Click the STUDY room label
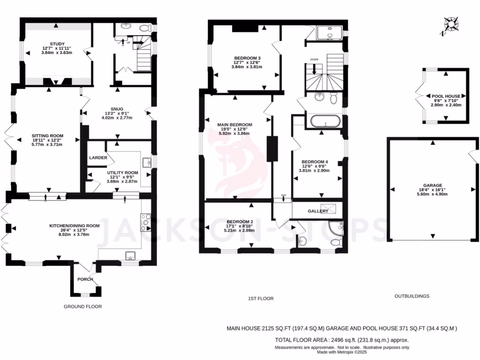[57, 44]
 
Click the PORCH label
[85, 279]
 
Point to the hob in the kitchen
[146, 220]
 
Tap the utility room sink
[147, 163]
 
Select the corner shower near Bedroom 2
[337, 228]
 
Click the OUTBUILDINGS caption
[412, 296]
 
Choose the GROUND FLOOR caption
[82, 307]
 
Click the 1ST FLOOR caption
[261, 299]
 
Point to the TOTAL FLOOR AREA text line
[342, 340]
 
